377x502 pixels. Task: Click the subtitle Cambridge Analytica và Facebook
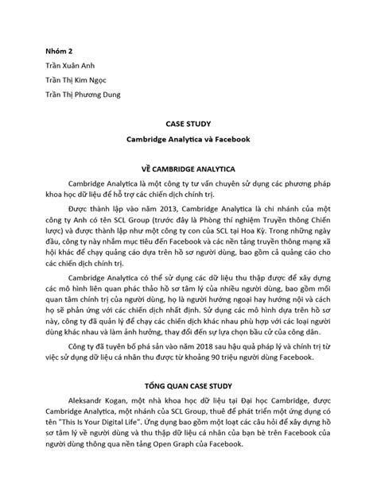188,139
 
